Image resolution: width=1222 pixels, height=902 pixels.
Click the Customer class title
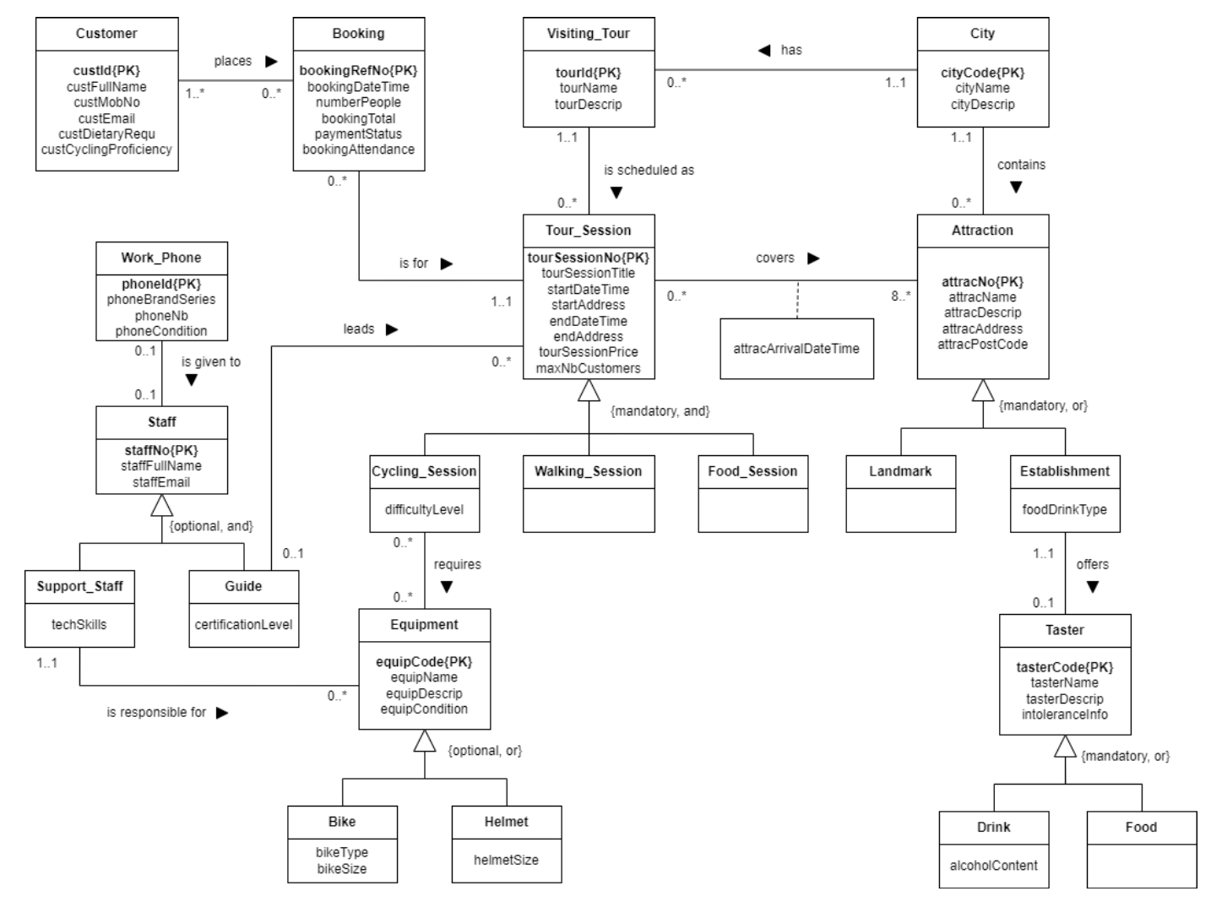point(106,34)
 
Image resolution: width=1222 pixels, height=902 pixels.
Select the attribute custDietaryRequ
point(106,133)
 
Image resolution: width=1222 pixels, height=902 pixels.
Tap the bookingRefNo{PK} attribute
point(358,71)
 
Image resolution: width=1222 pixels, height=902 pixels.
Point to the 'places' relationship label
point(233,61)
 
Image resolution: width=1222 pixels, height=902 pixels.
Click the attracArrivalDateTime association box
point(796,348)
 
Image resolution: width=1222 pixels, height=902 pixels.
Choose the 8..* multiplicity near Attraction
point(900,296)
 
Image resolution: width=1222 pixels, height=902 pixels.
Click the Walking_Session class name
point(588,471)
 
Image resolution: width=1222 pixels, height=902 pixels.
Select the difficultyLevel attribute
point(424,509)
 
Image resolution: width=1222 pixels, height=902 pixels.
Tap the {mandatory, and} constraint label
point(660,411)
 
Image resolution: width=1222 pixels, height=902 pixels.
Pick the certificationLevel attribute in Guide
point(243,624)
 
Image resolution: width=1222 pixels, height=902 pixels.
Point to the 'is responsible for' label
point(156,712)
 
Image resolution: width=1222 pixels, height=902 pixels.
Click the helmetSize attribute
point(506,860)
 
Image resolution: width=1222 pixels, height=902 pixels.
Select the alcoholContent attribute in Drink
point(993,865)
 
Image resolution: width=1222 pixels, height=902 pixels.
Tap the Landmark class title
point(900,471)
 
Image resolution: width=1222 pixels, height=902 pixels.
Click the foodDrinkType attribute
point(1064,509)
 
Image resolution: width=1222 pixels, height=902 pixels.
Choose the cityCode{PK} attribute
point(982,73)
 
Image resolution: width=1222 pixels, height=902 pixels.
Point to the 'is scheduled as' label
point(649,170)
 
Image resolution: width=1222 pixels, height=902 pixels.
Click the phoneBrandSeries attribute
point(161,299)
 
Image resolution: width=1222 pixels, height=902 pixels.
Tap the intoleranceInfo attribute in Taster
point(1064,715)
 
